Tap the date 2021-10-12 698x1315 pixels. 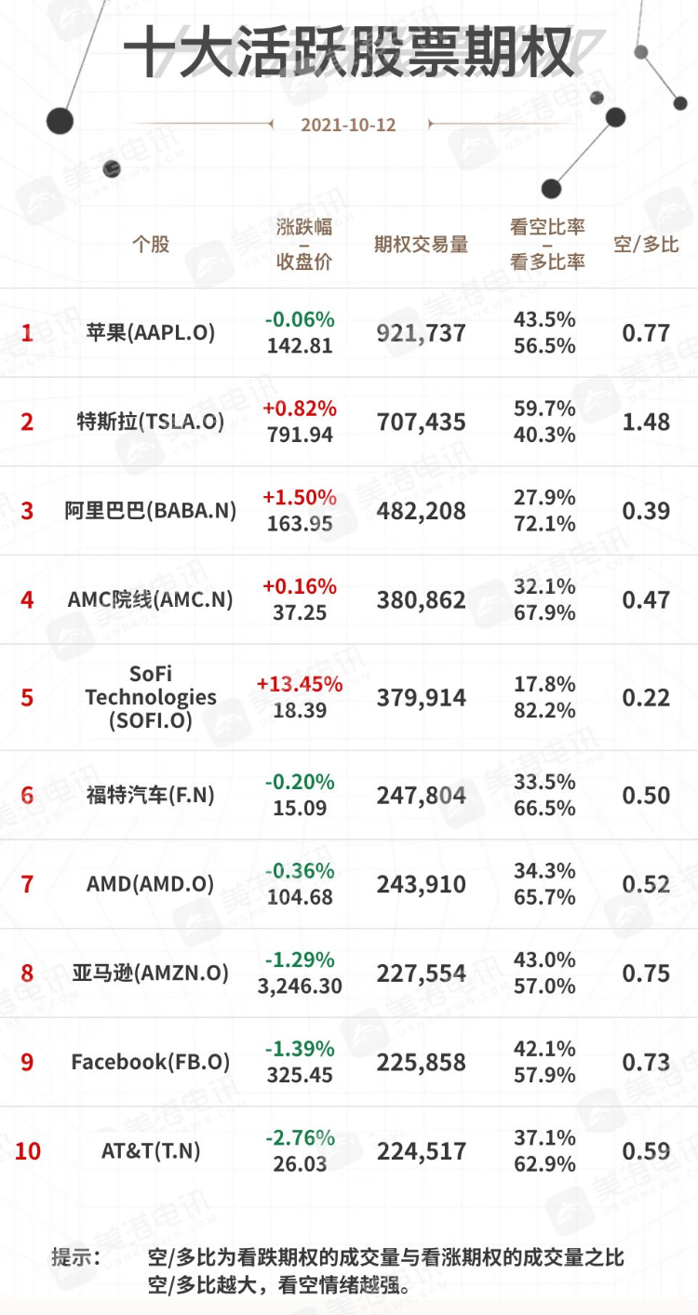point(348,125)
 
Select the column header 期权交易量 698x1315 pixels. point(421,245)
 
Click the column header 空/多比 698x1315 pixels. point(646,245)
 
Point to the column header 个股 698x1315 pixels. point(151,245)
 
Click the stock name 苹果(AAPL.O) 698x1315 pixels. point(150,332)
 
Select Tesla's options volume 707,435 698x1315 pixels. point(421,423)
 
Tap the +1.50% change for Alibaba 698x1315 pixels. point(299,497)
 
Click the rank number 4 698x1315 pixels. point(27,600)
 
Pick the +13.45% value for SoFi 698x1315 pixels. point(299,684)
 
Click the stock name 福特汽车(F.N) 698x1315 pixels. point(150,795)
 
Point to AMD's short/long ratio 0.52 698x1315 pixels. point(646,884)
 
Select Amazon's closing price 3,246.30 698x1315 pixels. point(300,986)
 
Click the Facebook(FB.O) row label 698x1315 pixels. point(150,1062)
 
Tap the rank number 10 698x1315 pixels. point(28,1151)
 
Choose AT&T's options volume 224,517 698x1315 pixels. point(421,1151)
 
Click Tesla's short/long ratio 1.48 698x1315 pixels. point(646,423)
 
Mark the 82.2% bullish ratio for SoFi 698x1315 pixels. point(544,711)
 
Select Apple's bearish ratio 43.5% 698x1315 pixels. point(544,319)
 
